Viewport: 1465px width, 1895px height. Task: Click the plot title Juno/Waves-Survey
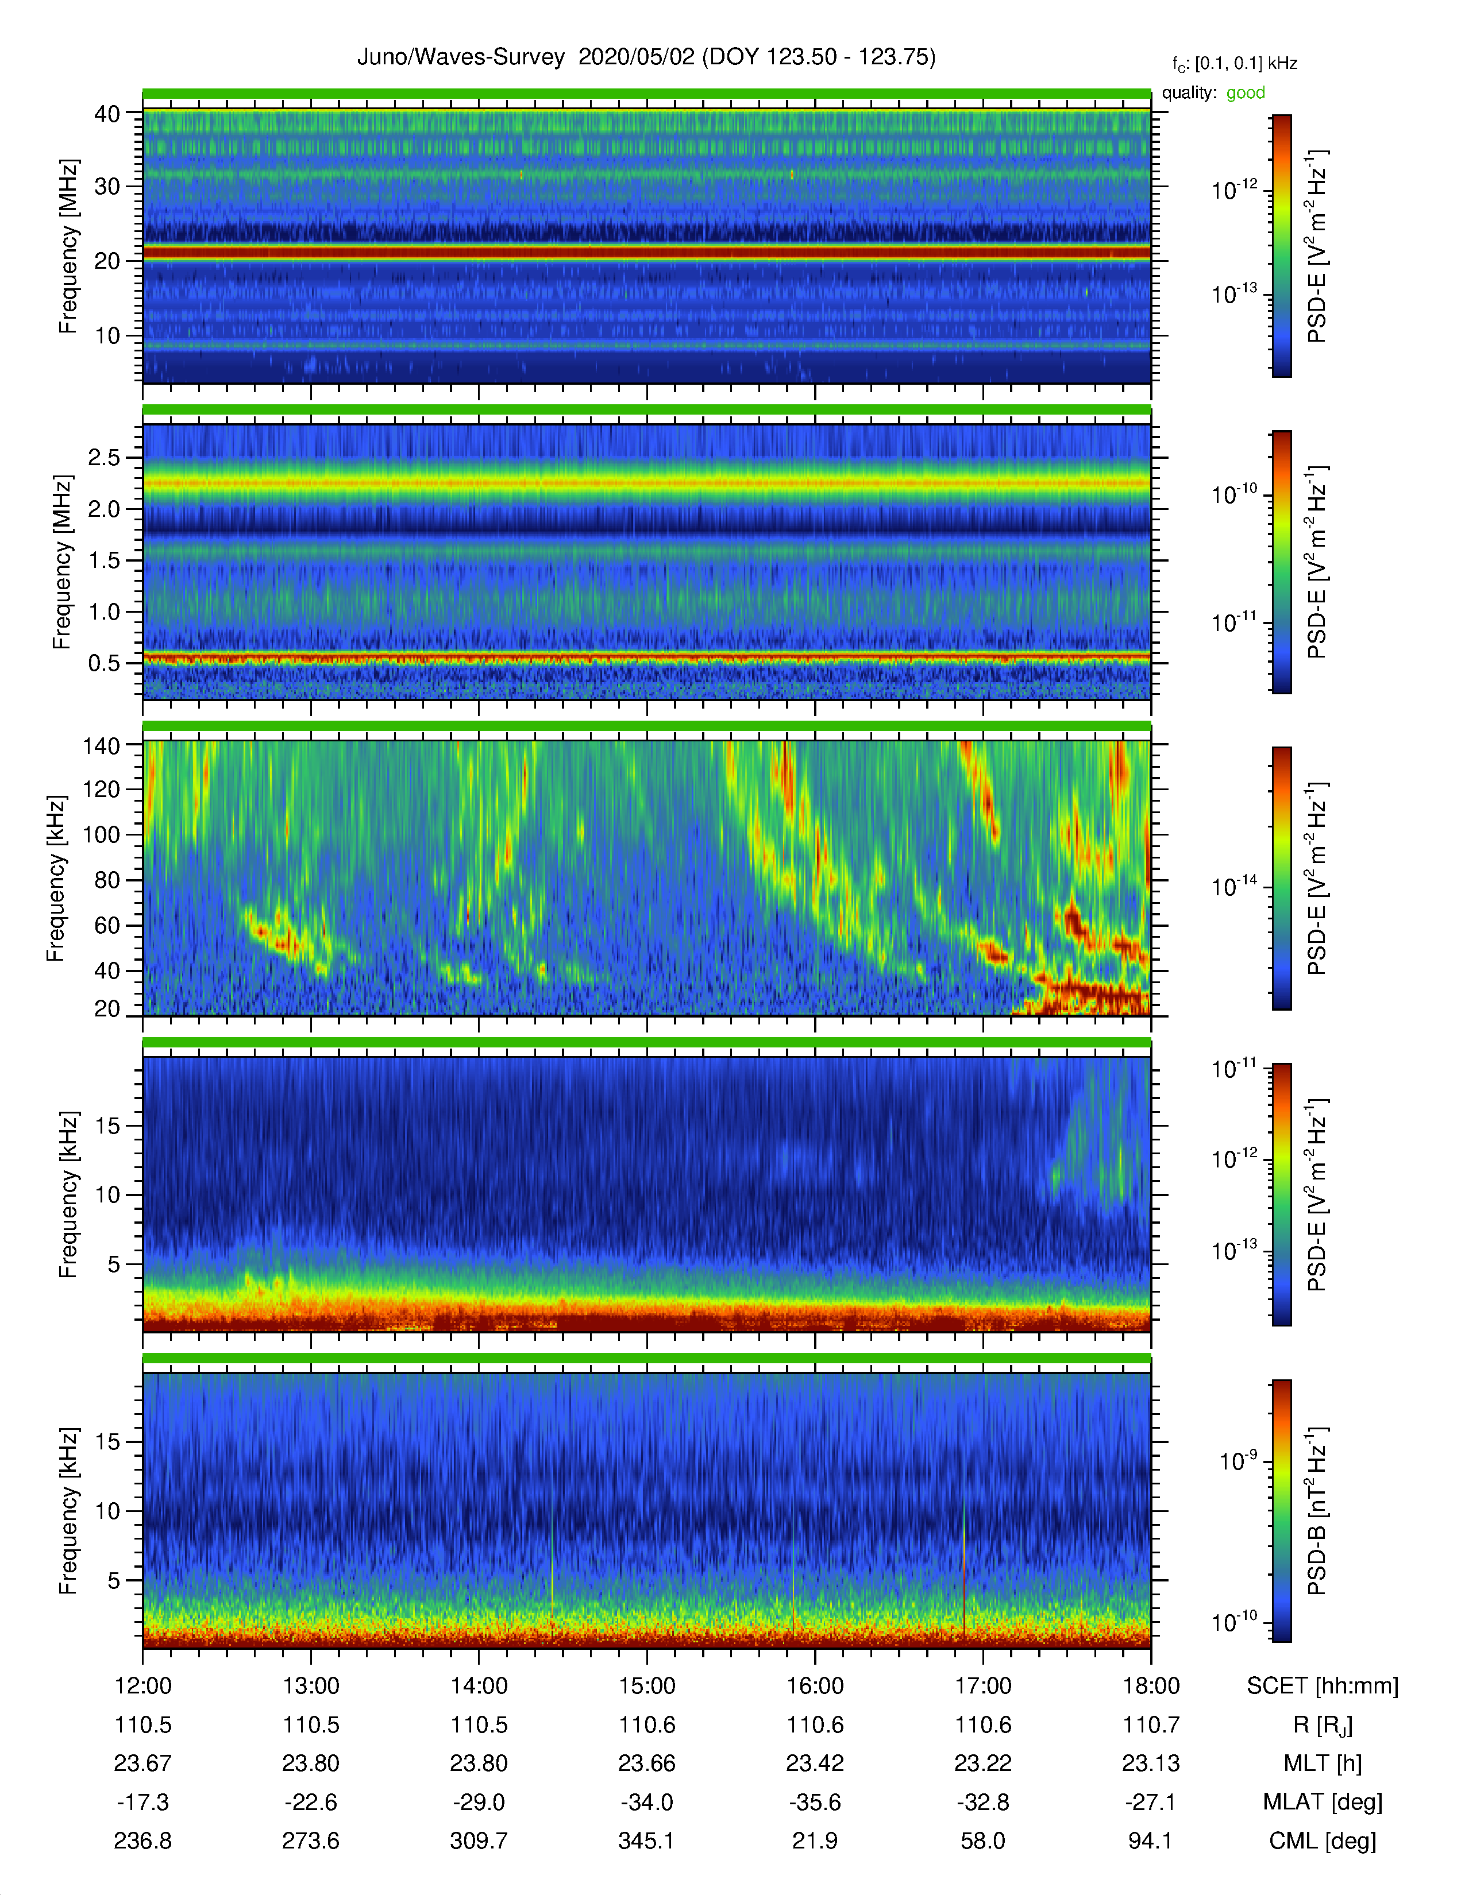click(x=461, y=57)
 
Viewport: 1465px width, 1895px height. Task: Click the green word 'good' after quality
click(x=1246, y=93)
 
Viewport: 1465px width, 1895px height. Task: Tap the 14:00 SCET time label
click(x=479, y=1686)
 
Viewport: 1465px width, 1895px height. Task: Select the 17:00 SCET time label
click(x=984, y=1686)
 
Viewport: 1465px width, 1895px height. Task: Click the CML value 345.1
click(x=646, y=1840)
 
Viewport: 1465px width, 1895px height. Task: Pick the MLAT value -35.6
click(x=815, y=1802)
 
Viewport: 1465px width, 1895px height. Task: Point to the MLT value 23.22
click(x=984, y=1763)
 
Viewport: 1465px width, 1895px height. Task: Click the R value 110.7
click(x=1151, y=1725)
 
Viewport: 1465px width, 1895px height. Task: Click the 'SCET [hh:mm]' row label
click(x=1323, y=1686)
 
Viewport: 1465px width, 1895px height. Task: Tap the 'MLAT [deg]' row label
click(x=1323, y=1802)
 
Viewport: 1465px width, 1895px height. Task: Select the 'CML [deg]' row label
click(x=1323, y=1840)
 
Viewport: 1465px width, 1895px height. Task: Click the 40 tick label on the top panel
click(x=107, y=114)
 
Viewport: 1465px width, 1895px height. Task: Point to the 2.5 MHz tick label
click(x=104, y=457)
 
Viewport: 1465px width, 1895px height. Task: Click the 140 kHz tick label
click(x=101, y=745)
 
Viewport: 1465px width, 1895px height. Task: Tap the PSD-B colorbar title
click(x=1317, y=1511)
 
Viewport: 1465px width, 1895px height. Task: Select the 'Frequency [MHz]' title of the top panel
click(x=68, y=246)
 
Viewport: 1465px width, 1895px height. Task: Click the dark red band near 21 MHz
click(x=646, y=253)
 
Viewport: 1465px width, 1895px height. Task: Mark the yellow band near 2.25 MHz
click(x=646, y=482)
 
